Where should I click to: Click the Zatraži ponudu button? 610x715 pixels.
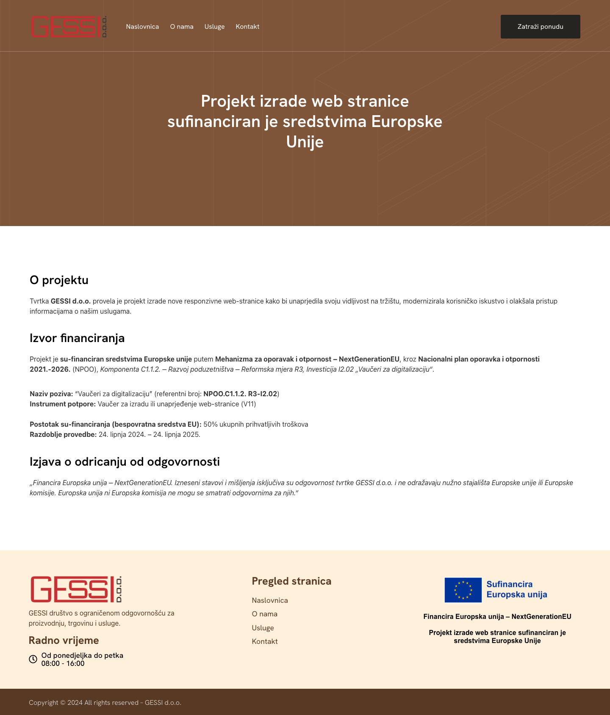[540, 27]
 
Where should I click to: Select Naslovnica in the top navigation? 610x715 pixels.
[142, 27]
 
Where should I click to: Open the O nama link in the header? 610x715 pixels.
[182, 27]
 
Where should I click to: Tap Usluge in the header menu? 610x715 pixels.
[214, 27]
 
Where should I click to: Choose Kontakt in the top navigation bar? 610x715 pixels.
[247, 27]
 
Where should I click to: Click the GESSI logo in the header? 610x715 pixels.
[68, 27]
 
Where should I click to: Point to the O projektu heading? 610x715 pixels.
[59, 280]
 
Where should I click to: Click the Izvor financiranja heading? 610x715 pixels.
[77, 338]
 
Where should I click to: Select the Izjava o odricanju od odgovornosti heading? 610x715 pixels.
[125, 462]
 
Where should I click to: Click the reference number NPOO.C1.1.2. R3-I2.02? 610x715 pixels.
[240, 394]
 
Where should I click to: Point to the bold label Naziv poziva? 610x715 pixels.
[51, 394]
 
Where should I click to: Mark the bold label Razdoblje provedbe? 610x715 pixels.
[63, 435]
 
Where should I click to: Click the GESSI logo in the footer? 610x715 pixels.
[76, 589]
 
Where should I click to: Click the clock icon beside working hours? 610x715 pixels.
[33, 659]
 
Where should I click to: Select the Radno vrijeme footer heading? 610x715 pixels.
[64, 640]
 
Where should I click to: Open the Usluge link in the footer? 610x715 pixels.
[263, 628]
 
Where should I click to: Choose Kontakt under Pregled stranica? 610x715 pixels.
[265, 642]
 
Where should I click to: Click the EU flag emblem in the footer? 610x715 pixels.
[463, 590]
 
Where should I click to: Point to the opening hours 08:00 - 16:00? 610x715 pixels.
[63, 664]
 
